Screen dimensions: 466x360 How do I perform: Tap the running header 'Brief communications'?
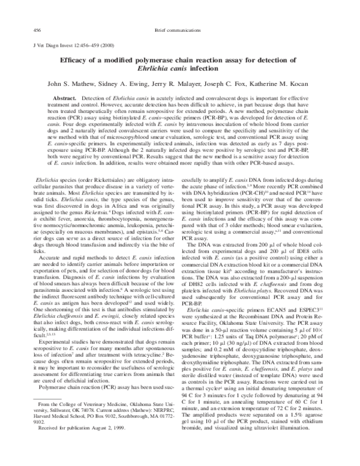179,29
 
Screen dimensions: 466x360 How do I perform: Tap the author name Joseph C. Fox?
239,82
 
